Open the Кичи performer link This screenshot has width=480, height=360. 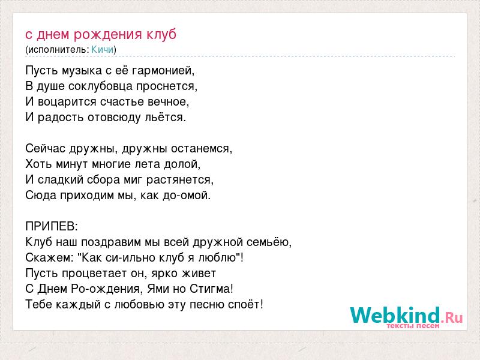tap(102, 49)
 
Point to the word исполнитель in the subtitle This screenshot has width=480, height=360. tap(57, 49)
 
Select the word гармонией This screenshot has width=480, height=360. tap(163, 71)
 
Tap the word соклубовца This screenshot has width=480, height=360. tap(101, 86)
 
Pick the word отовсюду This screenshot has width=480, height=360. tap(115, 118)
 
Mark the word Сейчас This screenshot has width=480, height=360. tap(46, 149)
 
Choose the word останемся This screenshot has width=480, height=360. tap(202, 149)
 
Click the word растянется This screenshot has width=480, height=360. tap(179, 180)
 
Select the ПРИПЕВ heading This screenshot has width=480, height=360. tap(52, 227)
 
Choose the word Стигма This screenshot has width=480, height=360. tap(211, 289)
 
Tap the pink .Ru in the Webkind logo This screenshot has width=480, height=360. tap(452, 317)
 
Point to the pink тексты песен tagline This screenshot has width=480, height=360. tap(413, 326)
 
